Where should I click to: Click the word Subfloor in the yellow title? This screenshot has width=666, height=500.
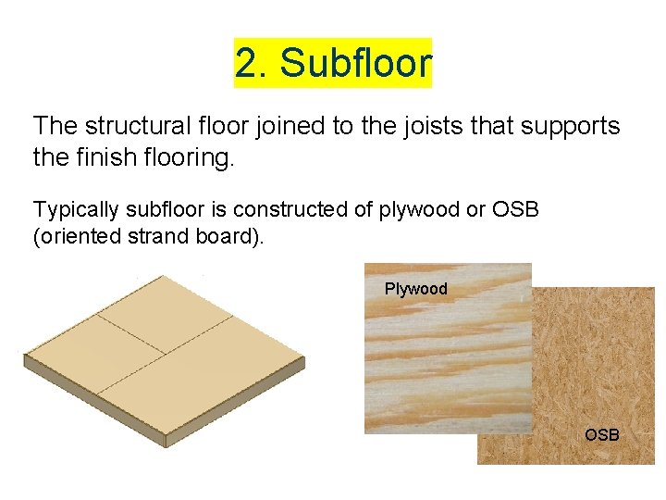pyautogui.click(x=356, y=63)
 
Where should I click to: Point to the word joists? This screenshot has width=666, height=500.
pyautogui.click(x=418, y=127)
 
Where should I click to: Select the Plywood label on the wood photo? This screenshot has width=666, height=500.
pyautogui.click(x=415, y=289)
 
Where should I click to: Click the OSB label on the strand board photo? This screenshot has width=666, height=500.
pyautogui.click(x=602, y=433)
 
